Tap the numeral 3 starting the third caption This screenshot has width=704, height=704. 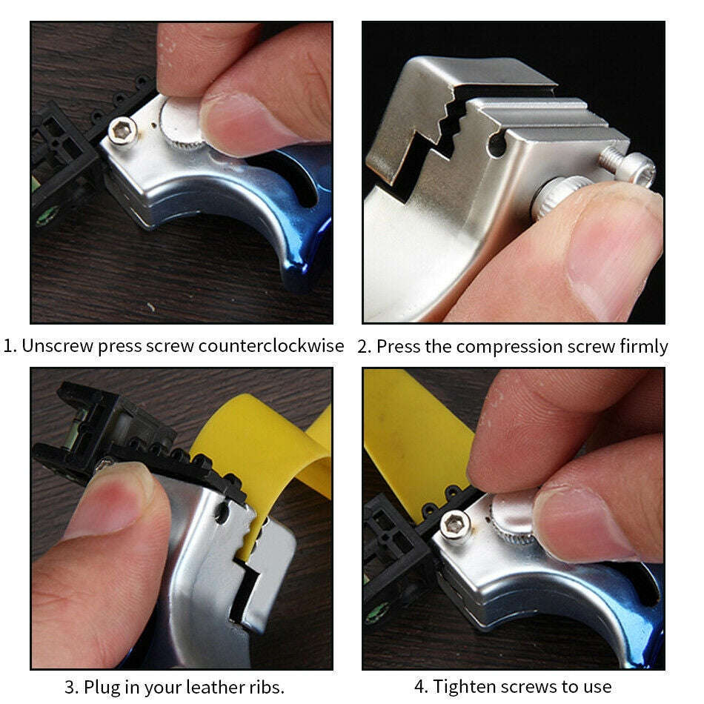[70, 686]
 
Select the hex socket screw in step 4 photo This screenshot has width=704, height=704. [454, 525]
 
